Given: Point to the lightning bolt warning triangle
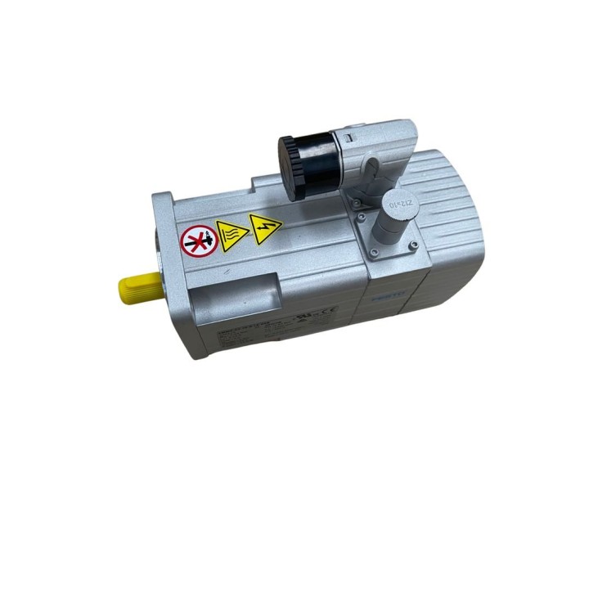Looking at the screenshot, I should [264, 227].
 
